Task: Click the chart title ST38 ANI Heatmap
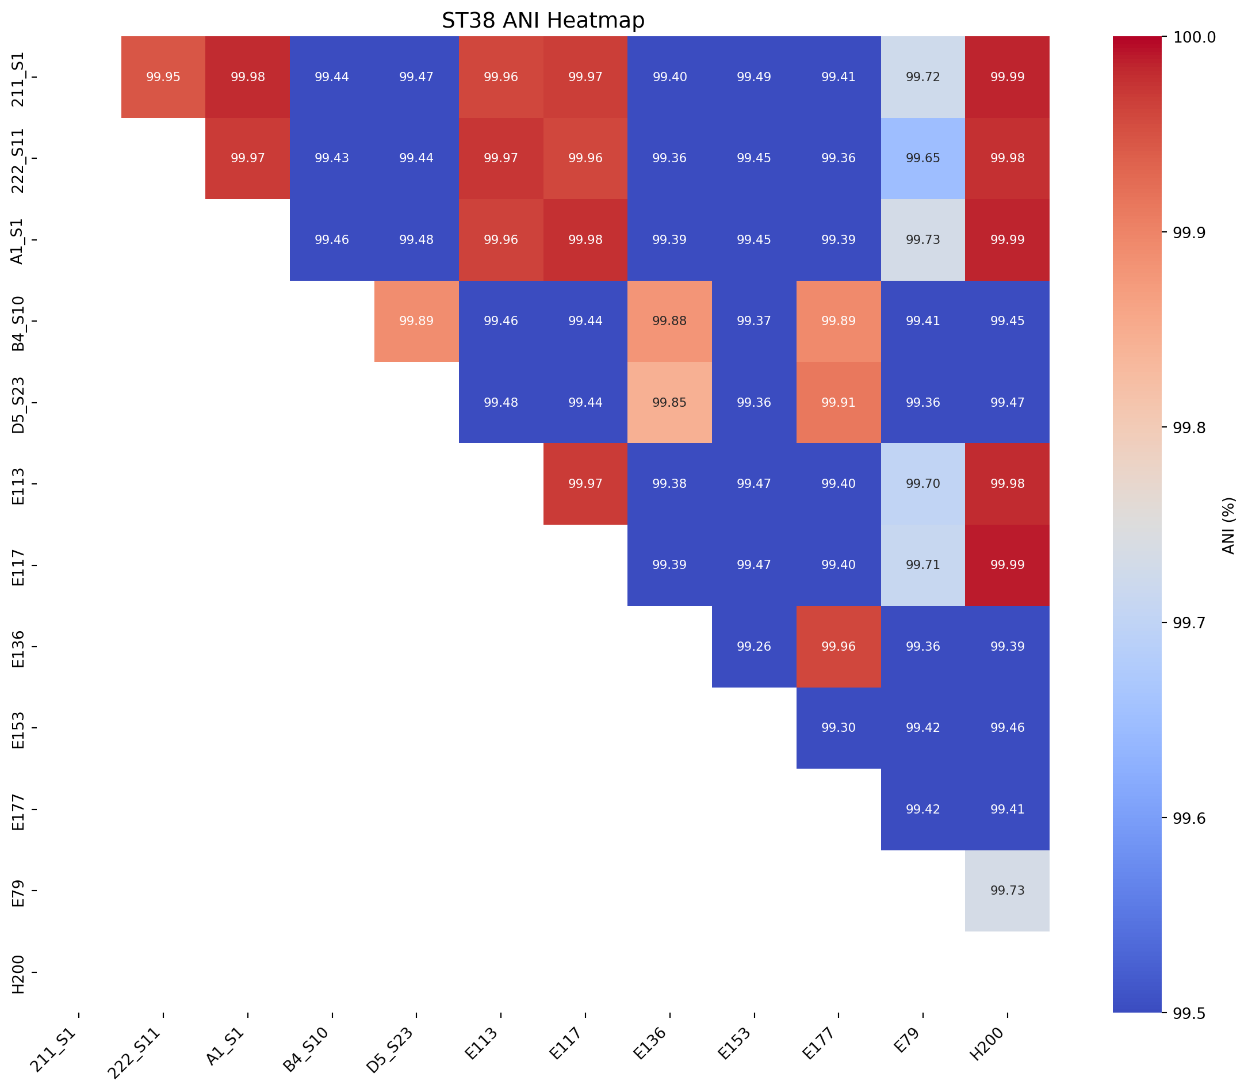(x=543, y=21)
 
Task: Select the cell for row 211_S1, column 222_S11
(x=163, y=77)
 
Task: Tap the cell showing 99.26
(x=753, y=647)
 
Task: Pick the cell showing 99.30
(x=838, y=728)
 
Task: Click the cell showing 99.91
(x=838, y=402)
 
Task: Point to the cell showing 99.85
(x=669, y=402)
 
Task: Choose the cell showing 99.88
(x=669, y=321)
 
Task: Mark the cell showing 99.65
(x=922, y=158)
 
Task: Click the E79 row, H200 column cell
(x=1007, y=890)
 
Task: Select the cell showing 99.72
(x=922, y=77)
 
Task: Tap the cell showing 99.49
(x=753, y=77)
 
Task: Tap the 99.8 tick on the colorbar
(x=1182, y=428)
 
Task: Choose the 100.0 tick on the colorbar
(x=1187, y=37)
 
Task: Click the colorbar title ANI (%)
(x=1228, y=525)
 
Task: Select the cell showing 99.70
(x=922, y=484)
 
